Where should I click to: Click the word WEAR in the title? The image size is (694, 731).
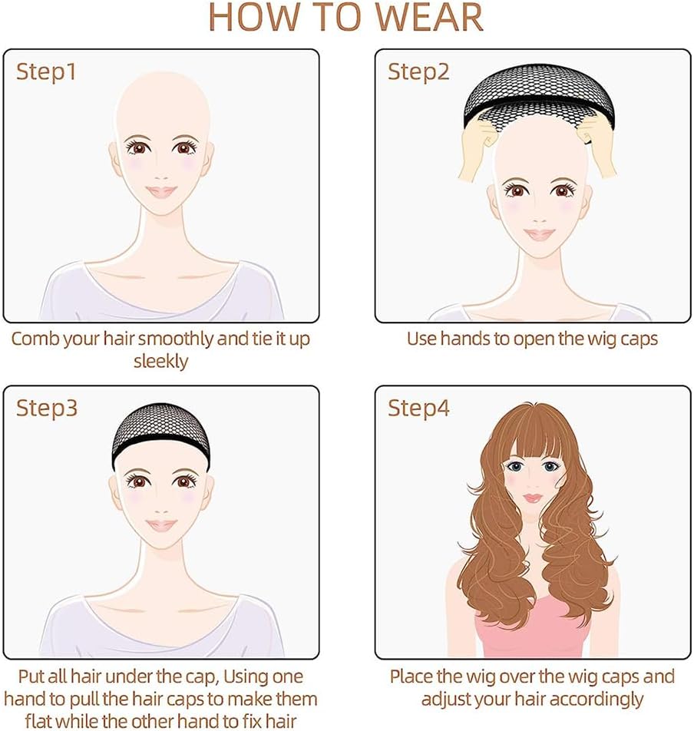click(428, 17)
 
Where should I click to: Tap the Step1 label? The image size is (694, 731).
click(45, 72)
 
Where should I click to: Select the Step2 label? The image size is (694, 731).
click(418, 72)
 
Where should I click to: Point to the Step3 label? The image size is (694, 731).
click(47, 408)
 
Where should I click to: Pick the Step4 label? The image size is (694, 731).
click(418, 408)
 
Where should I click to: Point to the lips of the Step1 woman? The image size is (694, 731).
click(161, 191)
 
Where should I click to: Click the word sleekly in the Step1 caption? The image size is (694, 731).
click(160, 362)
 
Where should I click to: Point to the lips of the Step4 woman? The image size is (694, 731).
click(533, 498)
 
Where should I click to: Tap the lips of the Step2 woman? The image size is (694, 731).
click(539, 234)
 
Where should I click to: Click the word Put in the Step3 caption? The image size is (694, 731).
click(31, 676)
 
